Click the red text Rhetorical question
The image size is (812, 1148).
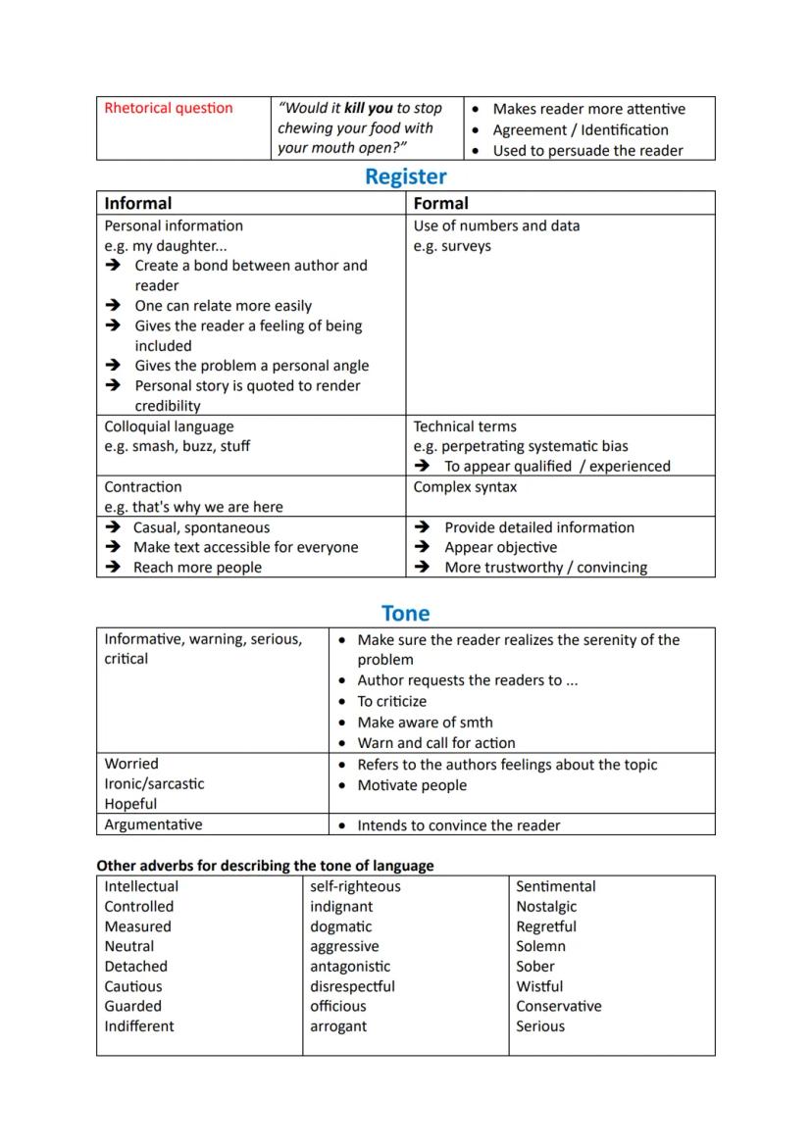(x=169, y=108)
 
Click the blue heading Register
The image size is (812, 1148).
(x=405, y=176)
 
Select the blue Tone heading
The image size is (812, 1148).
(x=405, y=614)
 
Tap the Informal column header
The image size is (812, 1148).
(x=138, y=203)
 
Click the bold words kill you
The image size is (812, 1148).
(x=369, y=108)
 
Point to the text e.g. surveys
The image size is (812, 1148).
(x=452, y=246)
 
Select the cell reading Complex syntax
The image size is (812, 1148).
(x=465, y=487)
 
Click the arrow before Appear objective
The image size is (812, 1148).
(x=423, y=547)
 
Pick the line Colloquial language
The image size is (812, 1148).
(x=169, y=426)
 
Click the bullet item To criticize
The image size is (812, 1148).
(x=391, y=702)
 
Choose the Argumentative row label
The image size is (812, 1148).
(x=153, y=824)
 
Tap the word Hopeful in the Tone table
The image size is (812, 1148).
(x=130, y=804)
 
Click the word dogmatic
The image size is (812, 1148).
(x=337, y=926)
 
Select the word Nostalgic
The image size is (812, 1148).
(x=546, y=907)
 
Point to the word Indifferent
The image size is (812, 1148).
(x=139, y=1026)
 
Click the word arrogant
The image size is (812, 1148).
(x=338, y=1026)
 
